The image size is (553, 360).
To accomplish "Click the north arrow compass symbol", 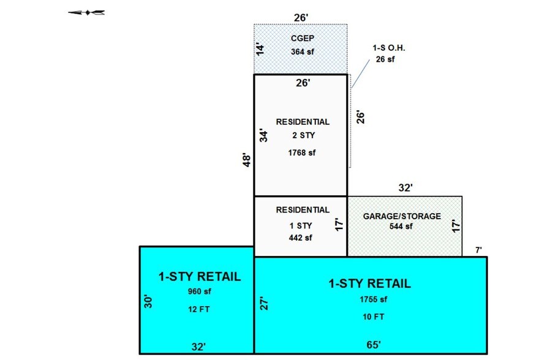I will (86, 12).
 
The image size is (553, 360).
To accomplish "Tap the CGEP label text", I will (300, 39).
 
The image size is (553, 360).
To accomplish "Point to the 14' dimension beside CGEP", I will (260, 48).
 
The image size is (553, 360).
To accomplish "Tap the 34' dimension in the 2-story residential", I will (264, 135).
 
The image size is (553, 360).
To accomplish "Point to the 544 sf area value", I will (402, 226).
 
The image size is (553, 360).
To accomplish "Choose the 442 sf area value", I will (300, 237).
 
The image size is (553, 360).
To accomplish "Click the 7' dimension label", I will (479, 250).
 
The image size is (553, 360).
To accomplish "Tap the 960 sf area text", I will (200, 291).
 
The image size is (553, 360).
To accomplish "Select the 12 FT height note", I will (200, 309).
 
